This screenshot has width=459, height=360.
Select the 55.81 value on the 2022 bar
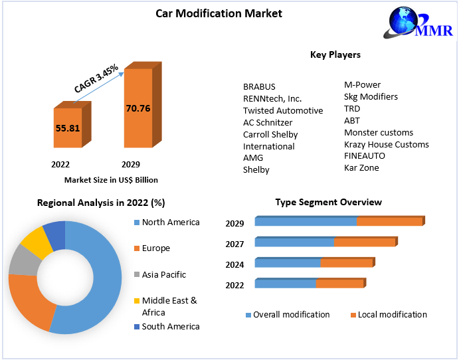point(67,128)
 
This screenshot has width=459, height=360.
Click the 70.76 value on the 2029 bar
point(138,107)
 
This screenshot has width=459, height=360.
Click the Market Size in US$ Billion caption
point(111,179)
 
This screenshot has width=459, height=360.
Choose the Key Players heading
point(335,54)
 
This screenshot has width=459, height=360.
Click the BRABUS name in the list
point(259,86)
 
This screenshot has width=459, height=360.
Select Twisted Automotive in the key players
point(283,110)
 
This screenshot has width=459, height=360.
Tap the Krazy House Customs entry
point(386,144)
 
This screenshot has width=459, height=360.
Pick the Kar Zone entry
point(361,168)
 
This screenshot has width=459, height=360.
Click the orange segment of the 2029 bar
point(389,221)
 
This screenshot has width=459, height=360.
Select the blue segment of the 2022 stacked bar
point(285,284)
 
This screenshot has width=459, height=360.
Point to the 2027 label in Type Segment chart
point(234,244)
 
